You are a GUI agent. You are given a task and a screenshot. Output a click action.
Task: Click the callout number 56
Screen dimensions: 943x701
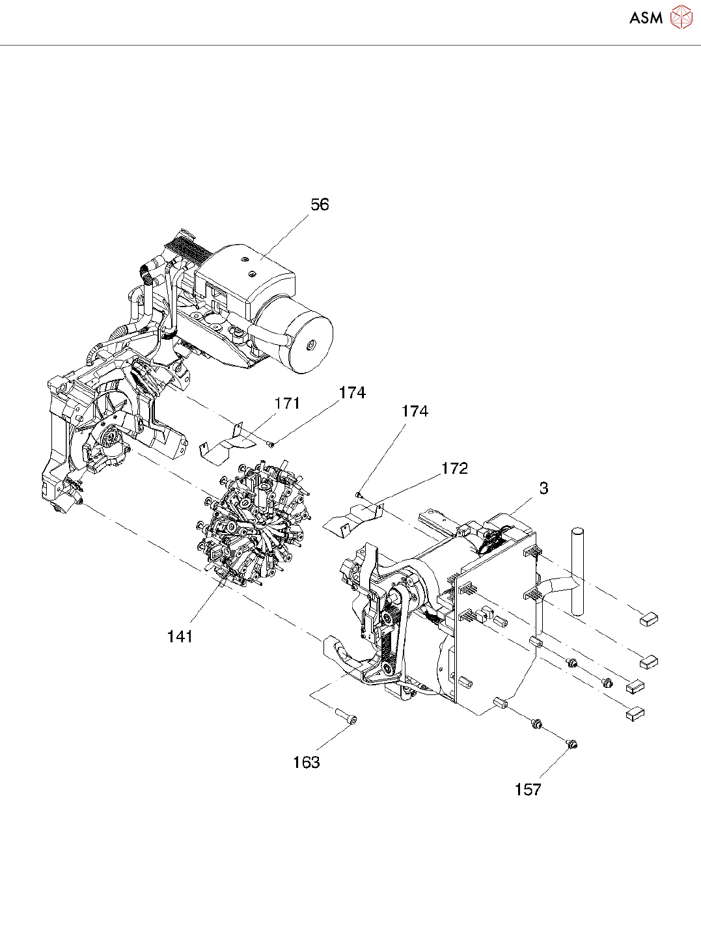pyautogui.click(x=320, y=204)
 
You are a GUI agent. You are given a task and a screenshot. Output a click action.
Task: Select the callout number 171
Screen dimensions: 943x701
pyautogui.click(x=287, y=403)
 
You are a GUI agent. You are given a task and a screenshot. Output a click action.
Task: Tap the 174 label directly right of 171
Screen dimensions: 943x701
pyautogui.click(x=352, y=392)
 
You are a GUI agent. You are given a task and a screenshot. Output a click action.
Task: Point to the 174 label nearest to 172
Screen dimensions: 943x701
pyautogui.click(x=415, y=411)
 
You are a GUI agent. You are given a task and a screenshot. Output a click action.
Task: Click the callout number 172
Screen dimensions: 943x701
pyautogui.click(x=454, y=469)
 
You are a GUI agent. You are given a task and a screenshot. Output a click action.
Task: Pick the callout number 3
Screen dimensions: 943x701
pyautogui.click(x=543, y=488)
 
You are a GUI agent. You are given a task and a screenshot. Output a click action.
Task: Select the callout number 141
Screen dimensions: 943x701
pyautogui.click(x=180, y=636)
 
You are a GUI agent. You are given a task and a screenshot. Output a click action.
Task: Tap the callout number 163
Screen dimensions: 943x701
pyautogui.click(x=306, y=762)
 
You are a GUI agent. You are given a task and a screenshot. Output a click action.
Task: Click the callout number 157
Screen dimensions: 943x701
pyautogui.click(x=527, y=789)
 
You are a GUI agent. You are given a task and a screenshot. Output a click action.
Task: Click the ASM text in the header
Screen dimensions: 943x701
pyautogui.click(x=646, y=18)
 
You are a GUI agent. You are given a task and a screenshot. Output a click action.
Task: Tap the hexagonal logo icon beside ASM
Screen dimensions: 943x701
pyautogui.click(x=681, y=17)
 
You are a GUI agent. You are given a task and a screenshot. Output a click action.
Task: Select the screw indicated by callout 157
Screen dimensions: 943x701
pyautogui.click(x=572, y=743)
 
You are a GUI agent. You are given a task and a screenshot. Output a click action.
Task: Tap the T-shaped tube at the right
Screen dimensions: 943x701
pyautogui.click(x=575, y=573)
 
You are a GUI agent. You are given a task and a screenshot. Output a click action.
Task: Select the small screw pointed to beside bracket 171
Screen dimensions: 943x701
pyautogui.click(x=271, y=444)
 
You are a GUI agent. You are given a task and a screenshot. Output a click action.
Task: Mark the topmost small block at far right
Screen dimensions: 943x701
pyautogui.click(x=649, y=619)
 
